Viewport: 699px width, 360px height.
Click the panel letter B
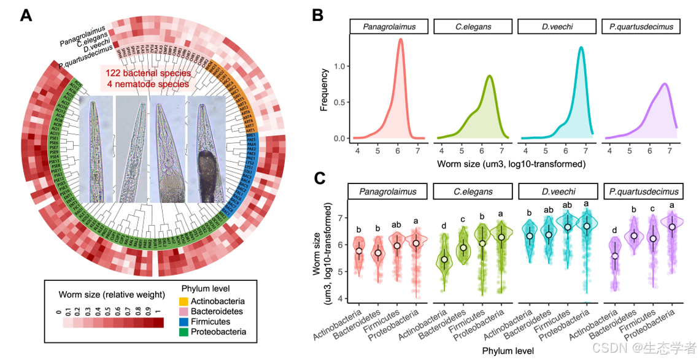pyautogui.click(x=319, y=15)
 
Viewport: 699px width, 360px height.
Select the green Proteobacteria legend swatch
pyautogui.click(x=183, y=332)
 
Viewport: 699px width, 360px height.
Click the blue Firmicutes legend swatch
pyautogui.click(x=183, y=322)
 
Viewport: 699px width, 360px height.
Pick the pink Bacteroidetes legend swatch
pyautogui.click(x=183, y=312)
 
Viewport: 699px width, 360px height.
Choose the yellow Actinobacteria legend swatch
pyautogui.click(x=183, y=302)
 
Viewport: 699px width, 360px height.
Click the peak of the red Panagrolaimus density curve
pyautogui.click(x=401, y=39)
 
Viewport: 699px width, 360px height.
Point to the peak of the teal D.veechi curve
pyautogui.click(x=581, y=47)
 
